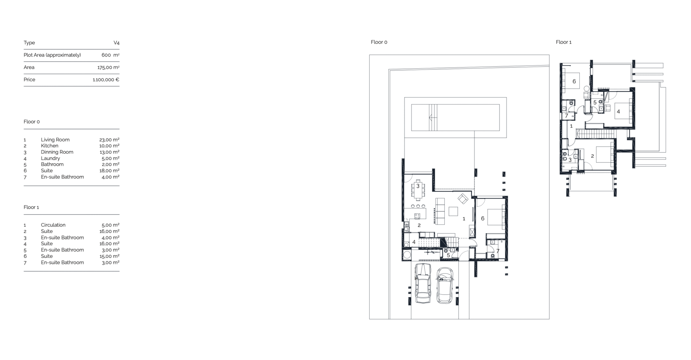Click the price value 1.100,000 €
106,80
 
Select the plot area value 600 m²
110,55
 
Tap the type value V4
117,43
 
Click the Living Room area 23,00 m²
109,140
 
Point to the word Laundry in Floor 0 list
50,158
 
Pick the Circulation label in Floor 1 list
53,225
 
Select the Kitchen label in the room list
50,146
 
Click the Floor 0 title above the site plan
379,42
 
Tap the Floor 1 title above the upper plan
564,42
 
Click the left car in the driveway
423,283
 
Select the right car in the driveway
445,285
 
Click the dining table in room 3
418,189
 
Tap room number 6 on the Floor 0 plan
483,219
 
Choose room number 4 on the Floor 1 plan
618,112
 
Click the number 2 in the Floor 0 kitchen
419,225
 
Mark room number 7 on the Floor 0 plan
498,251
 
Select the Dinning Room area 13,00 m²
109,152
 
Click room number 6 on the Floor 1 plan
574,81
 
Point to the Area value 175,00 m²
108,67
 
